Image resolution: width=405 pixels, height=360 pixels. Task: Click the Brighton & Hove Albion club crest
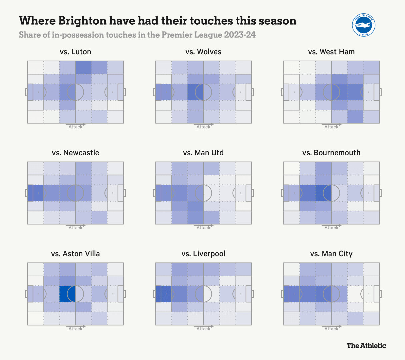(364, 25)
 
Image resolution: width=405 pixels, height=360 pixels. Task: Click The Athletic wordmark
(366, 345)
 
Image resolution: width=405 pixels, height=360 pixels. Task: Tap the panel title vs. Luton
(75, 52)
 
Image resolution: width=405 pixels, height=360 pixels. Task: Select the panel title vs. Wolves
(203, 52)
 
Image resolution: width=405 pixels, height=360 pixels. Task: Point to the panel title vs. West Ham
(331, 52)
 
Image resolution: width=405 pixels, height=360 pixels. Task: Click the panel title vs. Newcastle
(75, 153)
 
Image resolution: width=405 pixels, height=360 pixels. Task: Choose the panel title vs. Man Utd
(203, 153)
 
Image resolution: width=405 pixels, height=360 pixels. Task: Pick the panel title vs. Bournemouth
(331, 153)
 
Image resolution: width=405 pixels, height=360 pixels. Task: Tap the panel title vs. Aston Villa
(75, 254)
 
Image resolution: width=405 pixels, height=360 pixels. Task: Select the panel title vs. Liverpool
(203, 254)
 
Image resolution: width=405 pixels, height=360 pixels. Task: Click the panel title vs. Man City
(331, 254)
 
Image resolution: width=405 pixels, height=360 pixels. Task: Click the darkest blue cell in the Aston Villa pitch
(67, 294)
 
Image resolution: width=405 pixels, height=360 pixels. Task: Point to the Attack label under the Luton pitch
(75, 127)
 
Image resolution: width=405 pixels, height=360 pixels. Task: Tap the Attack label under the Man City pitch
(331, 329)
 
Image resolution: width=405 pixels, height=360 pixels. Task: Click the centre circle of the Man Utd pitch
(203, 193)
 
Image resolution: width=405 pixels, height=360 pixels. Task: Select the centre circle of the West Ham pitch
(331, 92)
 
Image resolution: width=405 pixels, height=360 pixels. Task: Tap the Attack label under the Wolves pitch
(203, 127)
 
